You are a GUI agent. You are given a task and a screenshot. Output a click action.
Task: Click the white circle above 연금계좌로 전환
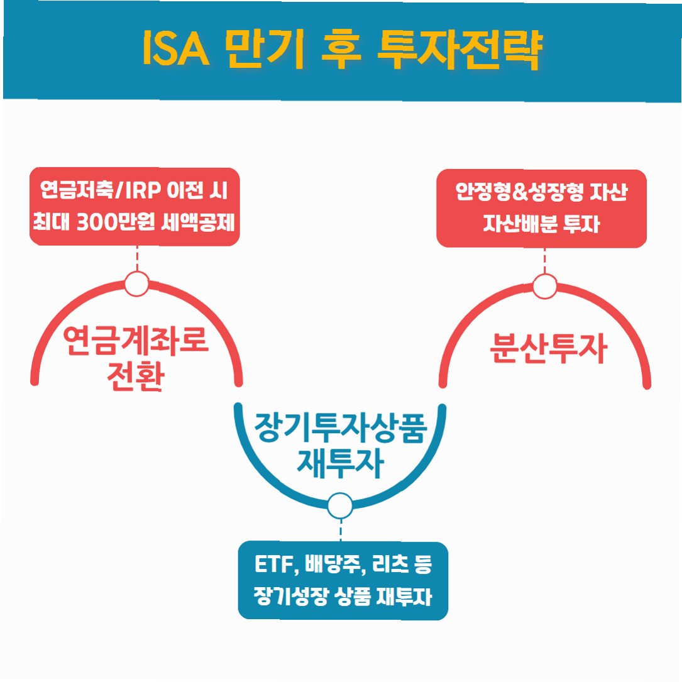pyautogui.click(x=136, y=283)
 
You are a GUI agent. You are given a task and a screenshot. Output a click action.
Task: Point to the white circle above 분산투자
pyautogui.click(x=544, y=287)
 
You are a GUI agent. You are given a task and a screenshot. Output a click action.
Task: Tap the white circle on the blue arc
pyautogui.click(x=340, y=505)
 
